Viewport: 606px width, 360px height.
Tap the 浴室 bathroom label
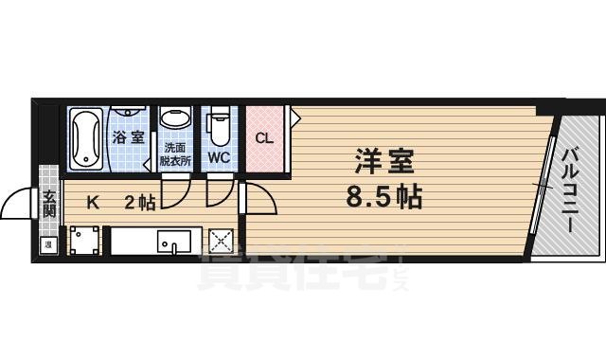(129, 138)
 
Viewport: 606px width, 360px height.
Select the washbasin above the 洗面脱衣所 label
(175, 121)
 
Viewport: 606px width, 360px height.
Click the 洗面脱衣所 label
(176, 154)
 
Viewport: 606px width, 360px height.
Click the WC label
(219, 156)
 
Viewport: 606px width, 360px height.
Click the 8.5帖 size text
(384, 198)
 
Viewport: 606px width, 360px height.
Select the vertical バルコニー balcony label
(571, 190)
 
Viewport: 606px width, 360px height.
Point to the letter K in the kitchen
(93, 202)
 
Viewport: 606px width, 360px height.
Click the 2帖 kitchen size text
(140, 202)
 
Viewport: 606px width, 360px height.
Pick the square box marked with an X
(220, 241)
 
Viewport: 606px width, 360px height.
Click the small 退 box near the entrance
(47, 245)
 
